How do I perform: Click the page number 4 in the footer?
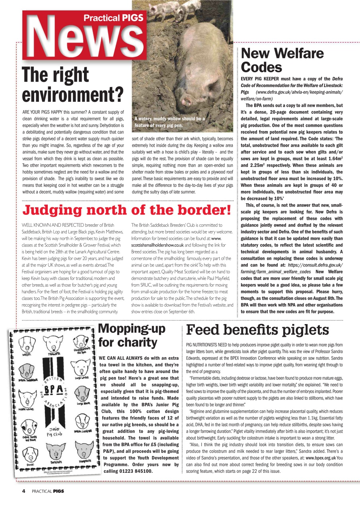click(x=23, y=491)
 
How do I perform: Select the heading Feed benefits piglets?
click(x=257, y=330)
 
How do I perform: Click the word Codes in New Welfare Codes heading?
click(x=261, y=67)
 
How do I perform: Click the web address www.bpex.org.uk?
click(x=321, y=458)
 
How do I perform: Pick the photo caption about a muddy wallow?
click(x=169, y=122)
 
